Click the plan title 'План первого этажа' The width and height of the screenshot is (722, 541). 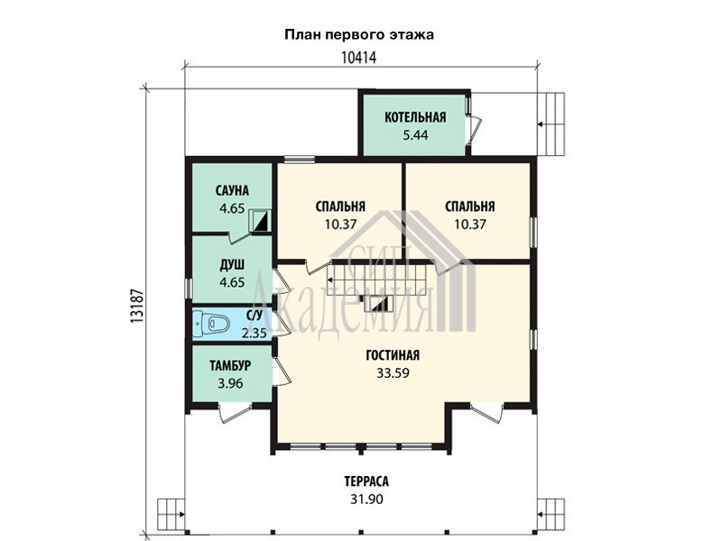359,35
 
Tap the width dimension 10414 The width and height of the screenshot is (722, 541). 359,58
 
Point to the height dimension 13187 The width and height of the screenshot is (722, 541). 138,306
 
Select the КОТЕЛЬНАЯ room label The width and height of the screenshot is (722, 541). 415,117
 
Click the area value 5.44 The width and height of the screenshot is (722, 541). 415,134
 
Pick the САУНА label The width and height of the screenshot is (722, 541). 232,190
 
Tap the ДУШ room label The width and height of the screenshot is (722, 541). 232,264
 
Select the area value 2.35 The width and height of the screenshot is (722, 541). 255,333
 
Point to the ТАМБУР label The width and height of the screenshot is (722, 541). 230,366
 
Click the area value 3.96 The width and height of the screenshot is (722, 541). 230,383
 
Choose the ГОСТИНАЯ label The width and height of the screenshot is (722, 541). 393,355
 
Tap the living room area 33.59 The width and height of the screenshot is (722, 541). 393,373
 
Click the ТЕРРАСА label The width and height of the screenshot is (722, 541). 366,481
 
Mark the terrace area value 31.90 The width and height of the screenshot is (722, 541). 366,500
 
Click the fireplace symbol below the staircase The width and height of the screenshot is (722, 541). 377,304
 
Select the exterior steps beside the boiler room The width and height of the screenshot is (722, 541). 551,124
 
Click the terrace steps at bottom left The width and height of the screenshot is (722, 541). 171,514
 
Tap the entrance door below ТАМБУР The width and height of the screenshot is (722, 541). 235,412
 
